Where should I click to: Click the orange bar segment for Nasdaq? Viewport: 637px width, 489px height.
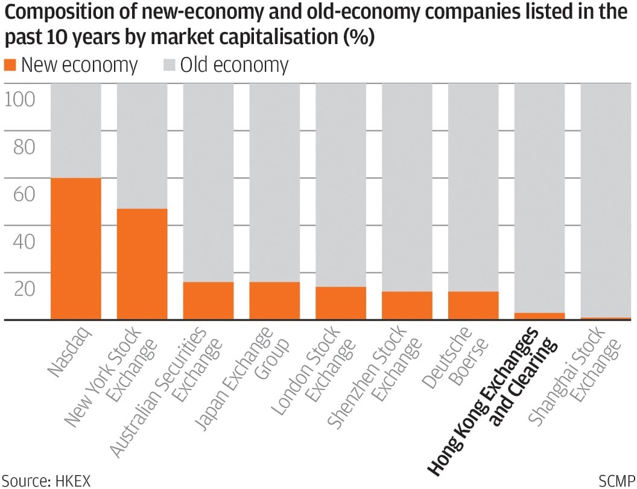click(x=75, y=249)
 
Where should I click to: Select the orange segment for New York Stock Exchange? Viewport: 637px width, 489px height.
click(x=142, y=264)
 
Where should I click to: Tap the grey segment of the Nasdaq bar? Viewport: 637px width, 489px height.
click(x=75, y=130)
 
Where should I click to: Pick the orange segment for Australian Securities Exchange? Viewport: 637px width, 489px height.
click(x=208, y=301)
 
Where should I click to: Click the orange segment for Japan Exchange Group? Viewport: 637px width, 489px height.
click(x=274, y=301)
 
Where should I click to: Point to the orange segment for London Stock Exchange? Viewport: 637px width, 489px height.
click(x=341, y=303)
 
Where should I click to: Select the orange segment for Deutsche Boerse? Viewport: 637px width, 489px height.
click(x=474, y=305)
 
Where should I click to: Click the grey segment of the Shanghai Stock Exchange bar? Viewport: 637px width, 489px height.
click(x=605, y=199)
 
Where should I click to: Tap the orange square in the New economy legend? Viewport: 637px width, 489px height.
click(x=10, y=65)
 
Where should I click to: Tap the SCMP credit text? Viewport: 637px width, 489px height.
click(x=615, y=480)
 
